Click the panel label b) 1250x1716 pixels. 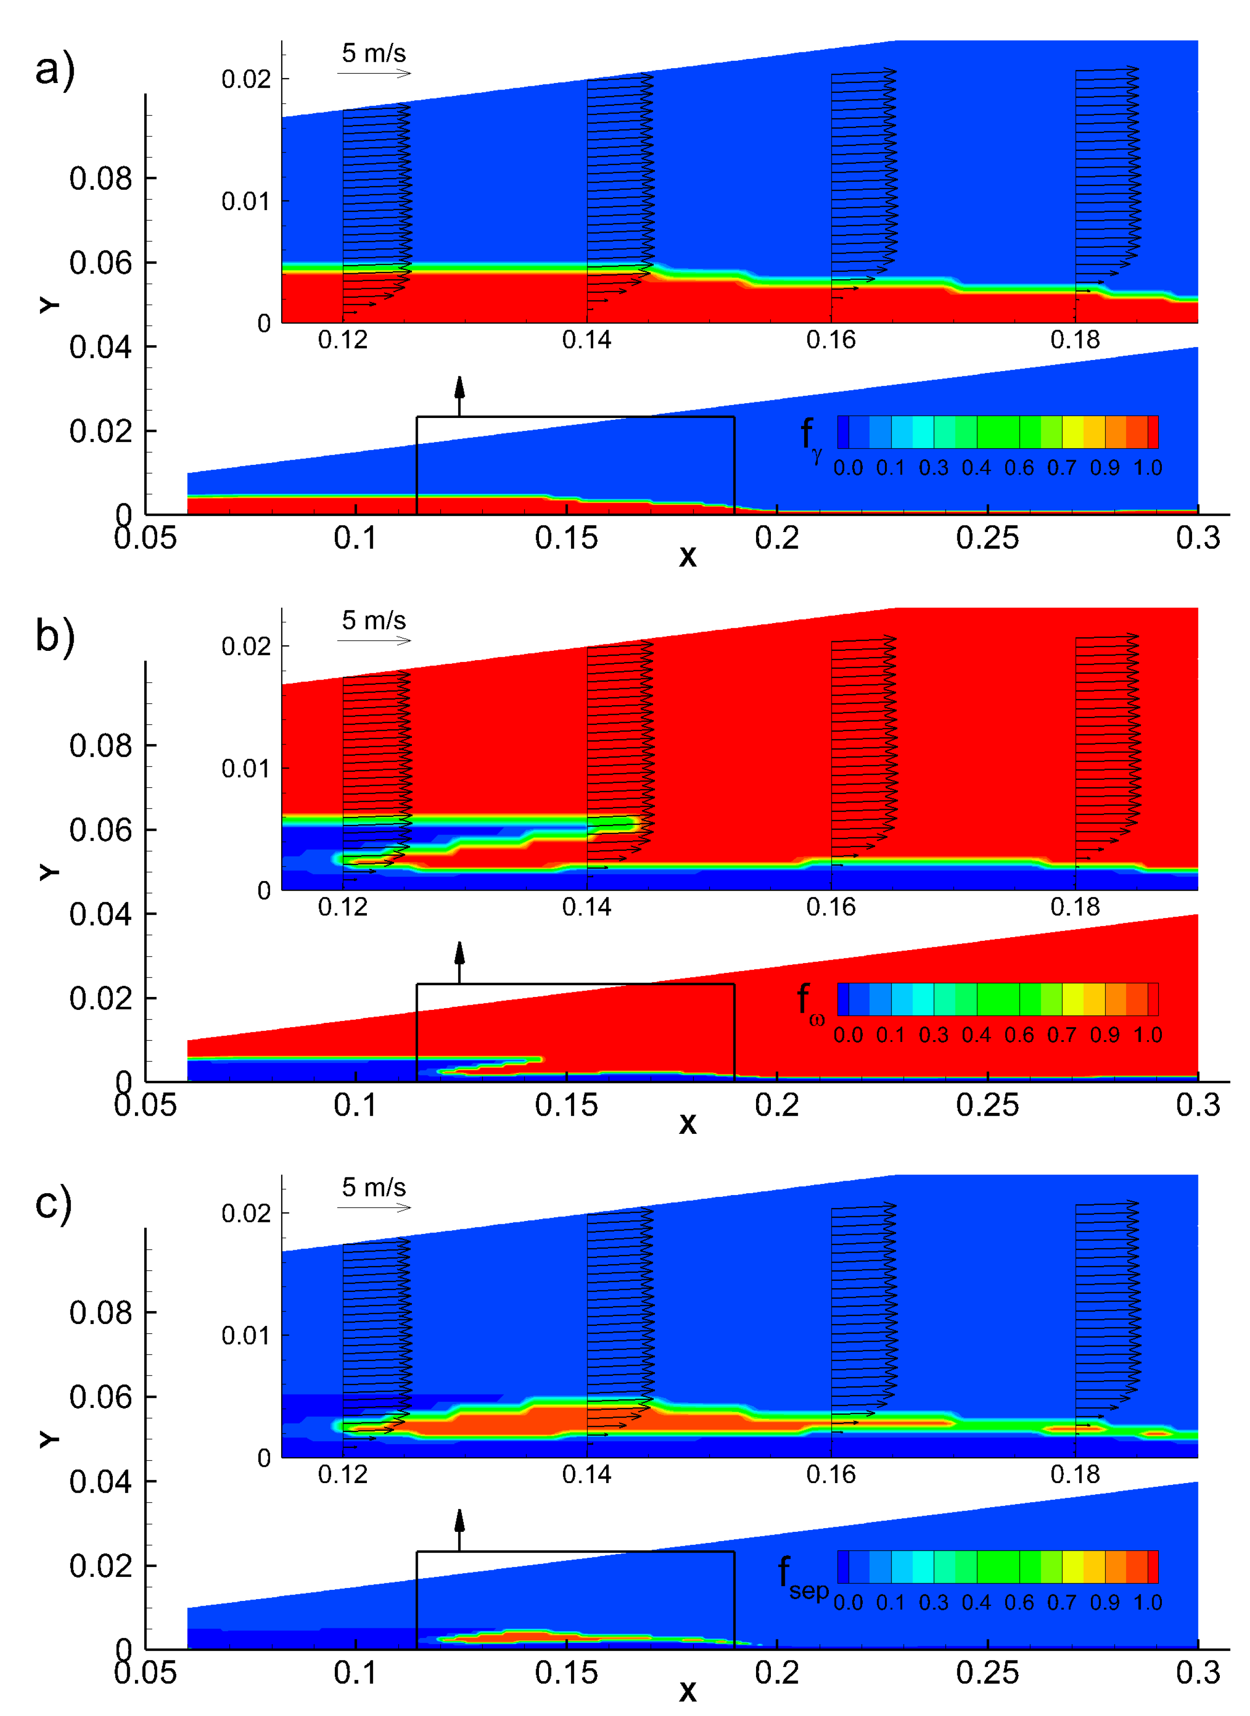54,636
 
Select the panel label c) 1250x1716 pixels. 53,1203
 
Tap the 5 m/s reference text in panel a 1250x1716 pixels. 374,53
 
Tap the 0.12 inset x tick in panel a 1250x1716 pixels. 343,341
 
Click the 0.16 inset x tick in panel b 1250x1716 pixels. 831,907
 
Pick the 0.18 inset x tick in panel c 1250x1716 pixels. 1075,1474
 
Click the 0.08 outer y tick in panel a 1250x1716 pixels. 100,179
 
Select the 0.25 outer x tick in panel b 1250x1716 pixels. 987,1105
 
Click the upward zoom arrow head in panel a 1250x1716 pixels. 459,386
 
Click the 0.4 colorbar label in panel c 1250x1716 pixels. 976,1602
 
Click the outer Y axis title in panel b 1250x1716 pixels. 48,872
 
